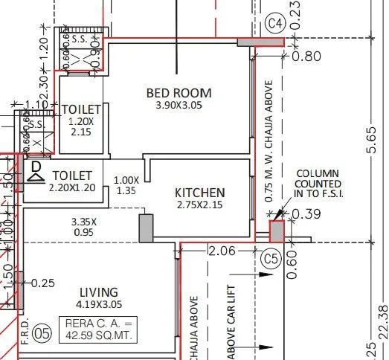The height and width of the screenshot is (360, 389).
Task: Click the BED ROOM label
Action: (x=179, y=93)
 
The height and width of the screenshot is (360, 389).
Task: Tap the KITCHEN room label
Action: (x=199, y=192)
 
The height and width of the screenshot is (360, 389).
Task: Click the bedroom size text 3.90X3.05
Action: (x=179, y=106)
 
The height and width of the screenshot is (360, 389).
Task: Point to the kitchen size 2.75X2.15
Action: (x=199, y=205)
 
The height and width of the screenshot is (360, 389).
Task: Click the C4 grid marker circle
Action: (x=276, y=23)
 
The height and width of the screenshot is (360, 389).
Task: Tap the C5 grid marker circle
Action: (x=271, y=258)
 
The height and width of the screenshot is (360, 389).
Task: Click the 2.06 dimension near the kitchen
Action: (x=222, y=251)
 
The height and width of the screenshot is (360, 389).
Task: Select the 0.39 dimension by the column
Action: (x=303, y=214)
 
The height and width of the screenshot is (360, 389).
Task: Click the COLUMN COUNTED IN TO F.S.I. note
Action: (x=318, y=184)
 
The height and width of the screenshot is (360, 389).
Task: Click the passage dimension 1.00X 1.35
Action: (x=126, y=184)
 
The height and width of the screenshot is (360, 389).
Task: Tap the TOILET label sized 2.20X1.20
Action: (x=73, y=175)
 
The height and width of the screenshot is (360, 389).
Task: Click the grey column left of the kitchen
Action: (x=145, y=226)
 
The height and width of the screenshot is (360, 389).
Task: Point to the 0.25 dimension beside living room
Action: (x=44, y=283)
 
